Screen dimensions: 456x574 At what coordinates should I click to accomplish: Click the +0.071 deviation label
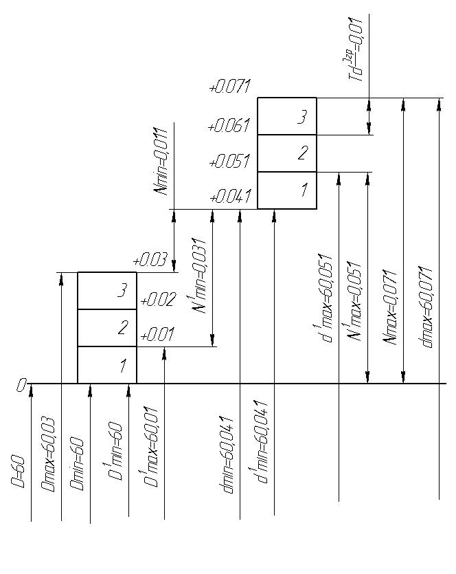pyautogui.click(x=229, y=87)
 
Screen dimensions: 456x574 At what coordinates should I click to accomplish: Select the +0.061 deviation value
pyautogui.click(x=229, y=125)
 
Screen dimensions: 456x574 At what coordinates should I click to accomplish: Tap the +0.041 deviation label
pyautogui.click(x=230, y=196)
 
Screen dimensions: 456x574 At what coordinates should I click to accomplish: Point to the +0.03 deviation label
pyautogui.click(x=150, y=260)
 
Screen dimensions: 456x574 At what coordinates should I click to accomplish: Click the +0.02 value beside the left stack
pyautogui.click(x=158, y=300)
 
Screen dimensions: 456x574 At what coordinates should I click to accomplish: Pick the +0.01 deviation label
pyautogui.click(x=157, y=334)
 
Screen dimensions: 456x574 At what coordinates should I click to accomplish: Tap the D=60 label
pyautogui.click(x=18, y=472)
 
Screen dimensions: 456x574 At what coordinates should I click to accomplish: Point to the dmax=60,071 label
pyautogui.click(x=425, y=307)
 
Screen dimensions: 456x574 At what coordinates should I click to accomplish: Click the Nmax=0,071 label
pyautogui.click(x=390, y=307)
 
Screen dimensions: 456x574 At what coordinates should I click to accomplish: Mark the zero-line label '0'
pyautogui.click(x=21, y=385)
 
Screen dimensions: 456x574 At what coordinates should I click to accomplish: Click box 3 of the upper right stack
pyautogui.click(x=287, y=116)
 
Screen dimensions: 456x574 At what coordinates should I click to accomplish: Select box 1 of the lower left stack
pyautogui.click(x=107, y=365)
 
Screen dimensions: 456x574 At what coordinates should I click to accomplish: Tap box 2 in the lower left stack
pyautogui.click(x=107, y=328)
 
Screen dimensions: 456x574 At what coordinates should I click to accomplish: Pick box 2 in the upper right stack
pyautogui.click(x=287, y=153)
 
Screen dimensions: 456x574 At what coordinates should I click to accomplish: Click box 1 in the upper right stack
pyautogui.click(x=287, y=190)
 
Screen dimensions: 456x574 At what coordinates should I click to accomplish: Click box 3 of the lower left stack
pyautogui.click(x=107, y=291)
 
